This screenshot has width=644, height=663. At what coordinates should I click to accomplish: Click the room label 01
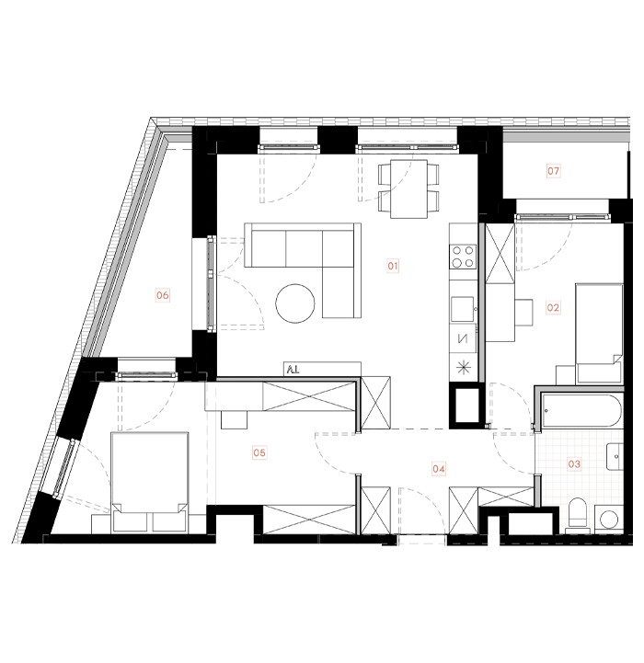coord(393,267)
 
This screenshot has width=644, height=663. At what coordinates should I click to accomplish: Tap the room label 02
coord(553,308)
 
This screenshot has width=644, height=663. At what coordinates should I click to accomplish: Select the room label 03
coord(574,464)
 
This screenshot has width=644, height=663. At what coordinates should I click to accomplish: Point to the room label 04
coord(439,468)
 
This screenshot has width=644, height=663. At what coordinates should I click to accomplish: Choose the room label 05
coord(259,452)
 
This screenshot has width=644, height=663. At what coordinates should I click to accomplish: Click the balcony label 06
coord(163,295)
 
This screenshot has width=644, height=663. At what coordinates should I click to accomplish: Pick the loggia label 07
coord(554,170)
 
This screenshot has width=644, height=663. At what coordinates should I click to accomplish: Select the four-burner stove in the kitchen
coord(463,257)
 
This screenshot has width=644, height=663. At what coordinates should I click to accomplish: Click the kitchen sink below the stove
coord(462,305)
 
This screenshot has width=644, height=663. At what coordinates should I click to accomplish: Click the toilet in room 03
coord(578,516)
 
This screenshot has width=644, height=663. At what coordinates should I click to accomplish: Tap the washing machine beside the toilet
coord(608,519)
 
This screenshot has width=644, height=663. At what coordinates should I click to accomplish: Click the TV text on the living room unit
coord(293,369)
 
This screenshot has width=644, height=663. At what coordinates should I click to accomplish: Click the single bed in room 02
coord(600,331)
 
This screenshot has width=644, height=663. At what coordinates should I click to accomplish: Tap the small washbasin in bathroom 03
coord(615,453)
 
